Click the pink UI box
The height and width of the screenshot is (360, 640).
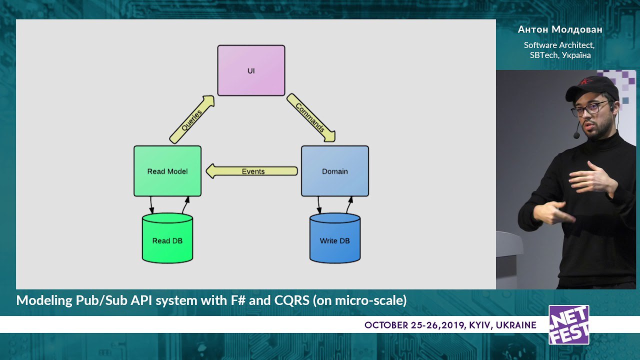coord(251,70)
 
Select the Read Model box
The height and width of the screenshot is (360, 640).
coord(167,171)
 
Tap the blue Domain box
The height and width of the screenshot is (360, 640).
coord(335,171)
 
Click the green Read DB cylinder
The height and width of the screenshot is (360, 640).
coord(167,238)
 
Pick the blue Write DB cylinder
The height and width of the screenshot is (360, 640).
coord(335,238)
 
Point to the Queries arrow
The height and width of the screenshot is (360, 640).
coord(191,119)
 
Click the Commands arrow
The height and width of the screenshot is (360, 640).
coord(311,117)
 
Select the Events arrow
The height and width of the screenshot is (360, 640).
coord(251,171)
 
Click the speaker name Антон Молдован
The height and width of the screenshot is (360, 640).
coord(560,29)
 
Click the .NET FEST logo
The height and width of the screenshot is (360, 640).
coord(569,325)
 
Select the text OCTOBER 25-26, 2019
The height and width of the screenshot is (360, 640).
coord(414,325)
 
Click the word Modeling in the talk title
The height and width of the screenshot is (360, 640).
coord(44,301)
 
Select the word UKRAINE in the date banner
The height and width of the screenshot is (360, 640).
coord(516,325)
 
